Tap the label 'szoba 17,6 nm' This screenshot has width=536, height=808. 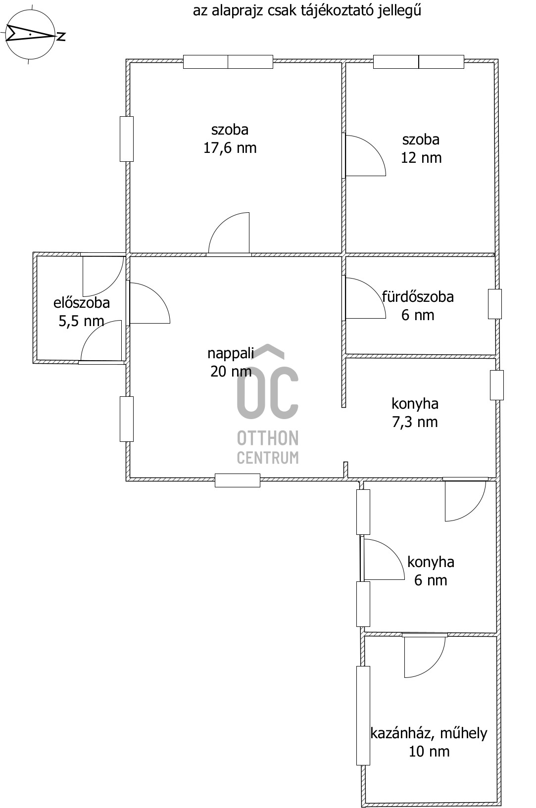point(230,139)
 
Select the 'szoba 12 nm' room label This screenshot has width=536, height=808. point(421,148)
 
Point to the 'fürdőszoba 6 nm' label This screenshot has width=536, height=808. point(418,306)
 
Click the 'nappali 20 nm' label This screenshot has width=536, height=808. point(231,362)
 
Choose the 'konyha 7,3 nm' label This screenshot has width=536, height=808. point(415,413)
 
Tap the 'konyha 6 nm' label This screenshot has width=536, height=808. point(431,571)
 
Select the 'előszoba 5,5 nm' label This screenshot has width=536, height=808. point(82,312)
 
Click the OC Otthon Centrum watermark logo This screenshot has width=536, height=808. point(268,404)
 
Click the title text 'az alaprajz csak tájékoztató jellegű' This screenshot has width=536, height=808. point(307,11)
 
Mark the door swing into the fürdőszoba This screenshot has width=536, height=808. point(364,298)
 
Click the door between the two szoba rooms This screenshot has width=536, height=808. point(364,156)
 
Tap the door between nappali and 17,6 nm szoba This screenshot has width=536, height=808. point(229,234)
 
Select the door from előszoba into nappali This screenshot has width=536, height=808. point(148,303)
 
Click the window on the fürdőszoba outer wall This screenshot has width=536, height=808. point(495,304)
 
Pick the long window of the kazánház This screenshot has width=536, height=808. point(363,715)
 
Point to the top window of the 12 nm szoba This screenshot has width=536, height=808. point(418,62)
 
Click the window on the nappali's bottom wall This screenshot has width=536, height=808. point(238,480)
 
